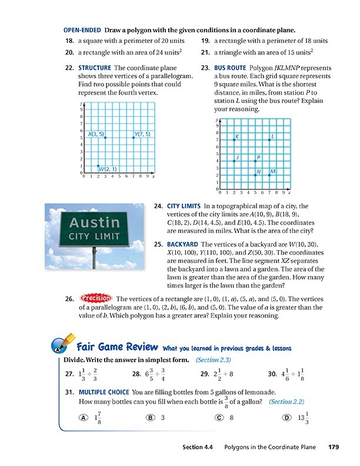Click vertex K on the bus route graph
234,139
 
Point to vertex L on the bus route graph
269,139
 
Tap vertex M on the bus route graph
269,175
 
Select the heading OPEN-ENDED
82,30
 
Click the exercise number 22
70,68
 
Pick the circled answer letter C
219,417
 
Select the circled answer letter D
286,417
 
